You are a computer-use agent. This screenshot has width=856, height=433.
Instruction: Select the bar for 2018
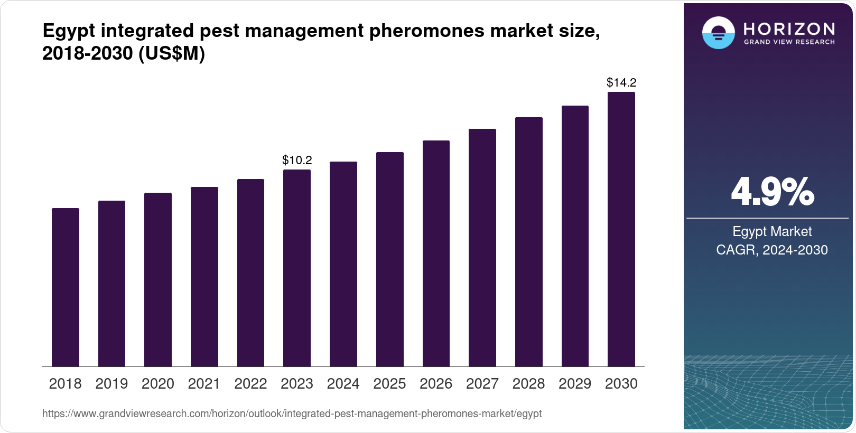(x=66, y=287)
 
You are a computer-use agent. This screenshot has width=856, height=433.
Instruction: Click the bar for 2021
(x=204, y=277)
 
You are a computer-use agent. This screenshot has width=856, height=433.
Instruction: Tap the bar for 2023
(x=297, y=268)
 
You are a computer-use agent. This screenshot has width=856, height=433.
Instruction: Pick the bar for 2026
(x=436, y=253)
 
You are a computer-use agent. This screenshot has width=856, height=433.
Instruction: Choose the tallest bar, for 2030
(x=621, y=229)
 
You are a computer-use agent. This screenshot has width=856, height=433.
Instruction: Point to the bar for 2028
(x=529, y=242)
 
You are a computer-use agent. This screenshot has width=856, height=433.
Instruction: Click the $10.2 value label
(x=297, y=160)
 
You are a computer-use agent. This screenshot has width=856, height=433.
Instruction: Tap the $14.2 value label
(x=621, y=82)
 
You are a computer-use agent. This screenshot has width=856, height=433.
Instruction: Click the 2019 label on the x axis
(x=111, y=384)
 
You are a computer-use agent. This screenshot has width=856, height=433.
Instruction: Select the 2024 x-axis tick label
(x=343, y=384)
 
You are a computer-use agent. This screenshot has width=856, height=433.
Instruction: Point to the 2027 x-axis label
(x=482, y=384)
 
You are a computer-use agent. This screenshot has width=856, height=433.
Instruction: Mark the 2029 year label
(x=575, y=384)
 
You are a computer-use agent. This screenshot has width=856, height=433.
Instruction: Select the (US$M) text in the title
(x=171, y=53)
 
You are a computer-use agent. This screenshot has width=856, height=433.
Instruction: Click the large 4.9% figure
(x=772, y=192)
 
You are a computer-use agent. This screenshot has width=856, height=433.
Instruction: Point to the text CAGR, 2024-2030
(x=771, y=250)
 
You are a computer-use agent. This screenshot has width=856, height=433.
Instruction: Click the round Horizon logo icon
(x=718, y=33)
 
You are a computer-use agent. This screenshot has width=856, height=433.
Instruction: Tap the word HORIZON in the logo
(x=789, y=29)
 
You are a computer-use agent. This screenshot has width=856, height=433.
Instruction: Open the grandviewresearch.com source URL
(x=292, y=414)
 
